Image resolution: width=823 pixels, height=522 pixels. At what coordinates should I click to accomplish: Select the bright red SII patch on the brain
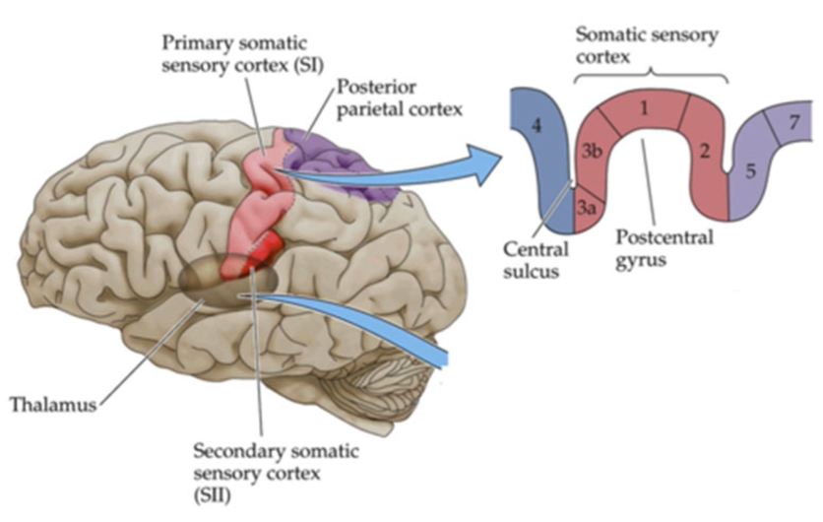pyautogui.click(x=258, y=250)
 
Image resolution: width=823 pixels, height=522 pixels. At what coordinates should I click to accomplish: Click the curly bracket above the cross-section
pyautogui.click(x=649, y=78)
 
